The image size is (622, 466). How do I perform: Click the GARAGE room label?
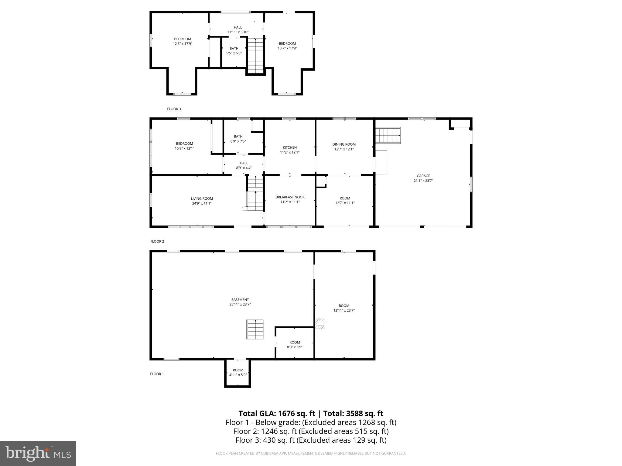[x=423, y=176]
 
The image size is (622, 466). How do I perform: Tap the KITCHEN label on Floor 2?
[x=289, y=148]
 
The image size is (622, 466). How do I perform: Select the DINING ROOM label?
[x=344, y=144]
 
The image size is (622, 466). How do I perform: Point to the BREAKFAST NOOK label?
[x=290, y=197]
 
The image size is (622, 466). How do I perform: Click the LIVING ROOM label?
[x=202, y=199]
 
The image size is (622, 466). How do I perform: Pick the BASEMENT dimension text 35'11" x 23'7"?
[x=240, y=304]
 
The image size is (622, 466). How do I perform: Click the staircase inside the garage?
[x=388, y=135]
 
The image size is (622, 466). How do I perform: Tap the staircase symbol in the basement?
[x=255, y=329]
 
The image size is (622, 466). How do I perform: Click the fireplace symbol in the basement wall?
[x=319, y=323]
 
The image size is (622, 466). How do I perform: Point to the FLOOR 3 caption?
[x=174, y=109]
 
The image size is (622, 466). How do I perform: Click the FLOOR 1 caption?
[x=157, y=374]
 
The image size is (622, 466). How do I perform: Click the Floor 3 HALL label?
[x=238, y=28]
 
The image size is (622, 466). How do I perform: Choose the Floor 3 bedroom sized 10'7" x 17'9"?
[x=287, y=46]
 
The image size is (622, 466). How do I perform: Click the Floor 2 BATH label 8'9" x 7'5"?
[x=238, y=139]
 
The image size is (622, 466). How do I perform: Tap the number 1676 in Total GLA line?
[x=286, y=414]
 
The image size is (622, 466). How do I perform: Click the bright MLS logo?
[x=38, y=453]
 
